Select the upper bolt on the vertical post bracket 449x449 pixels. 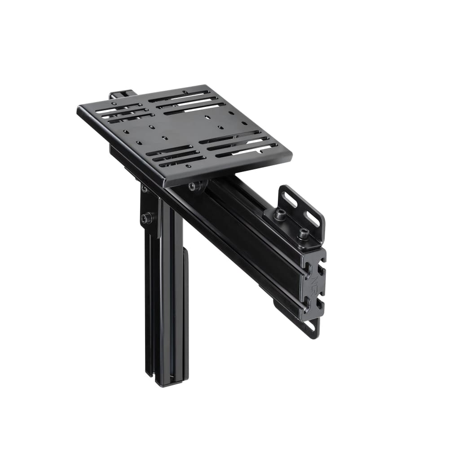point(145,189)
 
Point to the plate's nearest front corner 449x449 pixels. point(164,184)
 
